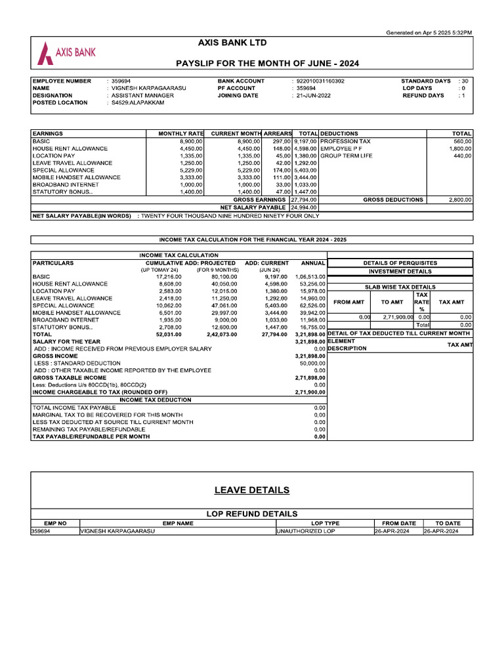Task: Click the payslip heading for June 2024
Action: point(267,64)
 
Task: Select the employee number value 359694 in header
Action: point(121,81)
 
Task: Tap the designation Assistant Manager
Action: point(142,95)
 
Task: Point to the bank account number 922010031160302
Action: point(320,81)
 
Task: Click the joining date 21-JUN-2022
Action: point(313,95)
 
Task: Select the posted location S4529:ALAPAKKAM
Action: point(138,102)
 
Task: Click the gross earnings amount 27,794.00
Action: point(304,199)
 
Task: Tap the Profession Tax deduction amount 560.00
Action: point(462,141)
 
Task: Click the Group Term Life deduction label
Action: point(346,156)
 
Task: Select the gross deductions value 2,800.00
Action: point(459,199)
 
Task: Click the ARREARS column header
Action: point(278,133)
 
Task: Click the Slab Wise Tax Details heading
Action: point(400,287)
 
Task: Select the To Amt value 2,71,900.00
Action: point(397,317)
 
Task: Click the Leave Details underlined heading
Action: point(251,490)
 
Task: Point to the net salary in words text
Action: point(229,215)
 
